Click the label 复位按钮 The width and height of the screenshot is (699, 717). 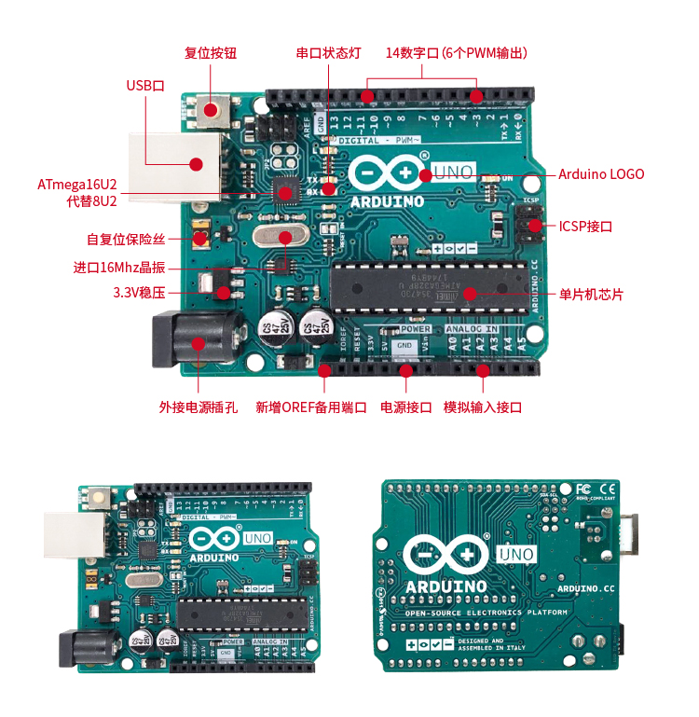[211, 53]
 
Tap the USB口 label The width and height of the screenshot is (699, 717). [144, 86]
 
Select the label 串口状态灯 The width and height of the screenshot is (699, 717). [328, 53]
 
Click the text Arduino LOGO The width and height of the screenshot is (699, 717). [601, 173]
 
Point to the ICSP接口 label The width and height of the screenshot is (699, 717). [585, 226]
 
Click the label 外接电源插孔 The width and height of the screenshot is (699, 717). [199, 407]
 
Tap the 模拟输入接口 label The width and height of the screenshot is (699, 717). [482, 407]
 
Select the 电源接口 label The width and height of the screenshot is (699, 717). [406, 407]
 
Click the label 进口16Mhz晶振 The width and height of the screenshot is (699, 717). [119, 268]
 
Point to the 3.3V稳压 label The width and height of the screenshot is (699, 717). [139, 293]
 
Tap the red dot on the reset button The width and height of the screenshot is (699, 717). [212, 110]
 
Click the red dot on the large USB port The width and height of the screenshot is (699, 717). [196, 165]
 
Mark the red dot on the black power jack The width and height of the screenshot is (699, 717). [198, 343]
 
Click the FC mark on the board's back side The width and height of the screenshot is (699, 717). [583, 488]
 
